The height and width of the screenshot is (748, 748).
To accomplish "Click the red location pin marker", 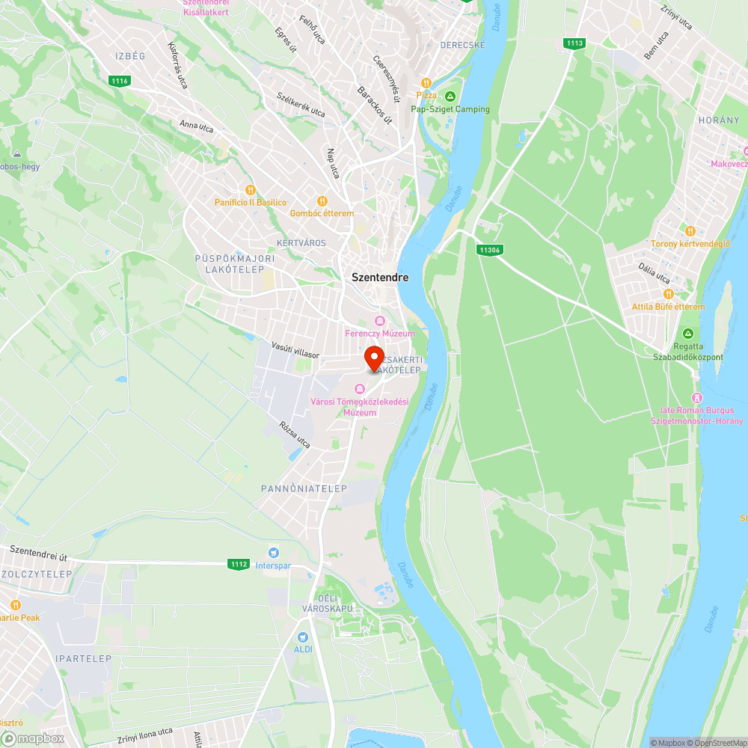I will pyautogui.click(x=374, y=358).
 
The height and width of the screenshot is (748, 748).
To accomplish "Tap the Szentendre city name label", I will pyautogui.click(x=380, y=278).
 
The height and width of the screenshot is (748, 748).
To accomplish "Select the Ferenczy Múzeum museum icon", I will pyautogui.click(x=380, y=321).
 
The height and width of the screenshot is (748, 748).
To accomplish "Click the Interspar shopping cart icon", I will pyautogui.click(x=274, y=552).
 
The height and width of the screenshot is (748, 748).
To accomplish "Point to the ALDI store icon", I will pyautogui.click(x=303, y=637).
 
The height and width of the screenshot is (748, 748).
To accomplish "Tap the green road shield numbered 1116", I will pyautogui.click(x=119, y=81).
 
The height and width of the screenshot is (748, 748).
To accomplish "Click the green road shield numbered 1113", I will pyautogui.click(x=574, y=43).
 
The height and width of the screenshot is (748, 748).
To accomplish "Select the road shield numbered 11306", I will pyautogui.click(x=489, y=250).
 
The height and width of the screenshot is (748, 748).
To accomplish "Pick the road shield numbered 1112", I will pyautogui.click(x=239, y=564).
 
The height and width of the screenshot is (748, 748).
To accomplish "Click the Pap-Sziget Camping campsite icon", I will pyautogui.click(x=450, y=96).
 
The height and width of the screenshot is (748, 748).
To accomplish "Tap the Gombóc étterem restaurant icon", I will pyautogui.click(x=322, y=200).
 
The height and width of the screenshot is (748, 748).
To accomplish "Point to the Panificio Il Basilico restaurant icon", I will pyautogui.click(x=250, y=190).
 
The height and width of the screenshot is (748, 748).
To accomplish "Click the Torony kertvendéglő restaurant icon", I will pyautogui.click(x=690, y=231).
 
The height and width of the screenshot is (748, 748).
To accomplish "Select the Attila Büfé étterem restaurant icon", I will pyautogui.click(x=668, y=294).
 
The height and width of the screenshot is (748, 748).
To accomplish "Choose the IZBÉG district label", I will pyautogui.click(x=130, y=56).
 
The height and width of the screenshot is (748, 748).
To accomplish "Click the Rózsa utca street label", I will pyautogui.click(x=295, y=434).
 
